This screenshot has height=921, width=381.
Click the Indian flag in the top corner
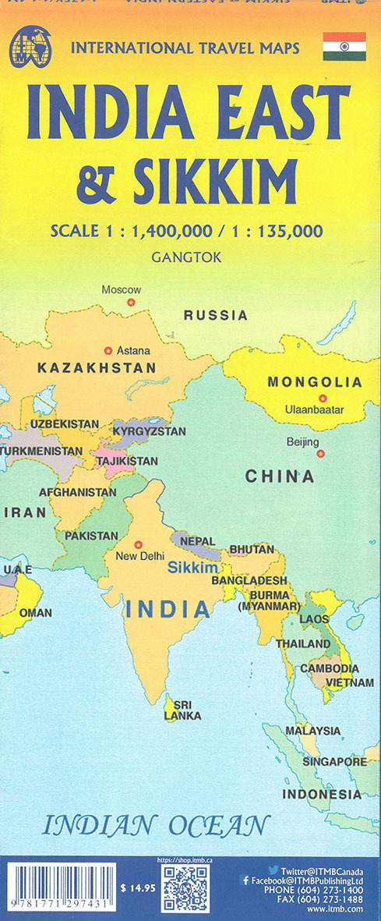click(x=344, y=48)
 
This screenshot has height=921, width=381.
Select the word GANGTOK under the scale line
click(x=189, y=255)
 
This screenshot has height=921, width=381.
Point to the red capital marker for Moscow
click(x=131, y=302)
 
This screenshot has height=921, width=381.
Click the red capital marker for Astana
click(x=108, y=350)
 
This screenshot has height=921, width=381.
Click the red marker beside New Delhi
click(x=139, y=544)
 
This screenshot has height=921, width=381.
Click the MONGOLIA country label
click(x=315, y=382)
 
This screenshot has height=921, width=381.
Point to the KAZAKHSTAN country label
click(x=97, y=367)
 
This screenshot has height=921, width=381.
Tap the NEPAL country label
click(x=197, y=540)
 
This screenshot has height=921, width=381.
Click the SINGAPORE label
click(x=336, y=761)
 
